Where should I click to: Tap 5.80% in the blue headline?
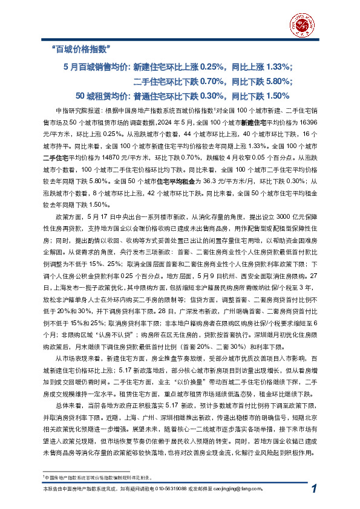coord(278,80)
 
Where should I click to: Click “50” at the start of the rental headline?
coord(82,96)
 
